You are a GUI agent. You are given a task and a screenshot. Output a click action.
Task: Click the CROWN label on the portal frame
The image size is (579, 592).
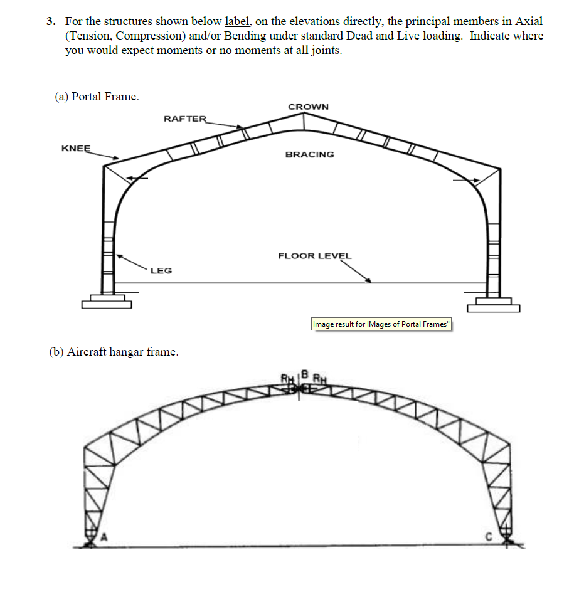coord(308,107)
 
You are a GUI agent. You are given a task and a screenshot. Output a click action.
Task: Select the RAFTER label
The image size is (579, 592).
coord(184,119)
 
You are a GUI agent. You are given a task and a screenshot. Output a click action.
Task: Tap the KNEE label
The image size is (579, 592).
coord(76,149)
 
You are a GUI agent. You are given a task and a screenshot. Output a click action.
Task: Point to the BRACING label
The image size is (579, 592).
coord(310,154)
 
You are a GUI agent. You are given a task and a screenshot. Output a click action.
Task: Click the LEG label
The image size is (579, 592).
coord(161,270)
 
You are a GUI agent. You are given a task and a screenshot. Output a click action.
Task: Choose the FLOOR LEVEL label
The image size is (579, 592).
coord(315,256)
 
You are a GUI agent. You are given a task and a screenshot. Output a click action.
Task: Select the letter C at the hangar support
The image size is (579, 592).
coord(492,536)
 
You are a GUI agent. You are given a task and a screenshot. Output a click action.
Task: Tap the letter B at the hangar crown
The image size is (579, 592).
coord(306,374)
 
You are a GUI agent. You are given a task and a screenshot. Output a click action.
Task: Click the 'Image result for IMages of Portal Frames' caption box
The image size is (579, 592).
coord(381,324)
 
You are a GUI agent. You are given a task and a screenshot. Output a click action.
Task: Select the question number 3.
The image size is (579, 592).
coord(51,22)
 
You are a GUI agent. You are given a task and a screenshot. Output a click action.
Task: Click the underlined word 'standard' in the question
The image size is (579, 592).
coord(322,36)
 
